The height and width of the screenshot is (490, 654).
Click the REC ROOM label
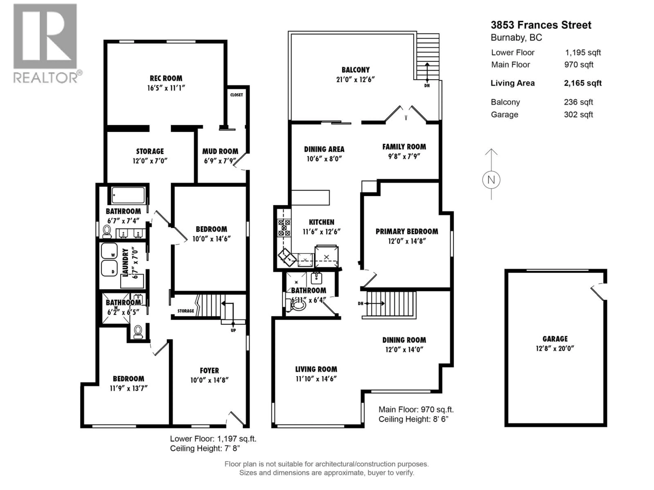click(166, 78)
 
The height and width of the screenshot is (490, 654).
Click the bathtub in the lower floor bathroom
click(128, 195)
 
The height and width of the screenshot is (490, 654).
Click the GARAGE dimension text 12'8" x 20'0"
click(555, 348)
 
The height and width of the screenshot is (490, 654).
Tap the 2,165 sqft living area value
click(582, 83)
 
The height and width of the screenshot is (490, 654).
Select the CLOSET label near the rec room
click(237, 95)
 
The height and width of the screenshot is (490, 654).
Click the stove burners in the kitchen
click(284, 228)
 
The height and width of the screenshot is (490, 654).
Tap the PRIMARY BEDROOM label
click(407, 232)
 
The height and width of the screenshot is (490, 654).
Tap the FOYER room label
click(209, 370)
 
